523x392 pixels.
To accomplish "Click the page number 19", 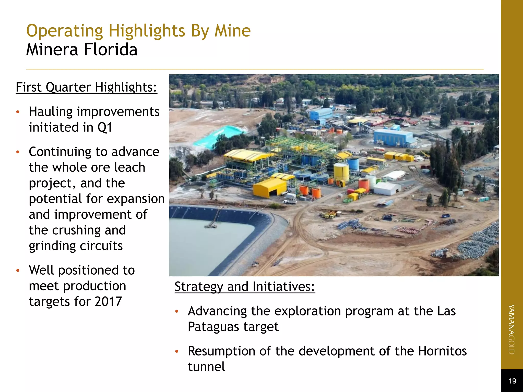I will [x=512, y=381].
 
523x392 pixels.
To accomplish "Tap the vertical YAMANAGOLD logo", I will [x=512, y=329].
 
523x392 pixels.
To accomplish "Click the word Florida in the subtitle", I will [x=111, y=50].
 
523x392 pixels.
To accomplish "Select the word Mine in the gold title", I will [x=232, y=31].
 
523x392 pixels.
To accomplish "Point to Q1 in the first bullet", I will [x=105, y=127].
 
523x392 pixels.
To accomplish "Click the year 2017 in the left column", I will [x=108, y=302].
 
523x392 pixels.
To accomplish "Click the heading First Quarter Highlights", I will [x=86, y=87].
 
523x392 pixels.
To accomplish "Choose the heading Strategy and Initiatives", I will [x=245, y=287].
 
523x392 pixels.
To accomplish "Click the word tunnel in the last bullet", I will [x=206, y=367].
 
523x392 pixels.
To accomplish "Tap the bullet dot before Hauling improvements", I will [x=18, y=112].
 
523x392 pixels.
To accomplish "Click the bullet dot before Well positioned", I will [x=18, y=271].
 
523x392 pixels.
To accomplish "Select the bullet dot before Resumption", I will [x=176, y=351].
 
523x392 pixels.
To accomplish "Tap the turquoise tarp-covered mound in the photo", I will [x=217, y=135].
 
